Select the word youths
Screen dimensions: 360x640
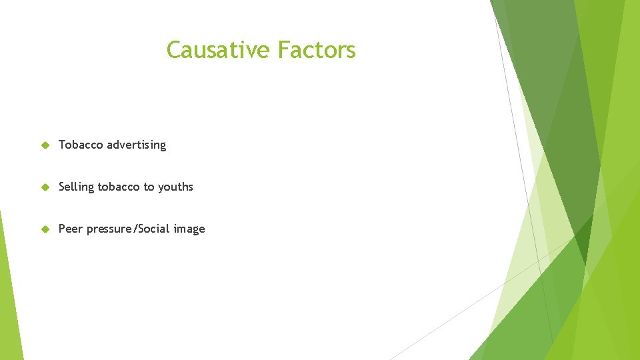click(x=175, y=187)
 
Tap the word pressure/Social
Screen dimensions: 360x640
click(x=129, y=229)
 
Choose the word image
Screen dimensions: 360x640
click(x=189, y=229)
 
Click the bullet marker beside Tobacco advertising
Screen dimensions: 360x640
click(x=45, y=145)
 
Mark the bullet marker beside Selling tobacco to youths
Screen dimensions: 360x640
click(x=45, y=187)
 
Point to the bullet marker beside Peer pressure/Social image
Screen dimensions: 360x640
click(x=45, y=229)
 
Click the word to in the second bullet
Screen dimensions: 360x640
click(x=149, y=187)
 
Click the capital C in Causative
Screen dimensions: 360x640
click(x=173, y=50)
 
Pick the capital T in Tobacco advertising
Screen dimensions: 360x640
click(x=62, y=145)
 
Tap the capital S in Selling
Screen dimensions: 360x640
click(x=62, y=187)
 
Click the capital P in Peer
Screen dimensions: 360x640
click(x=62, y=229)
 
